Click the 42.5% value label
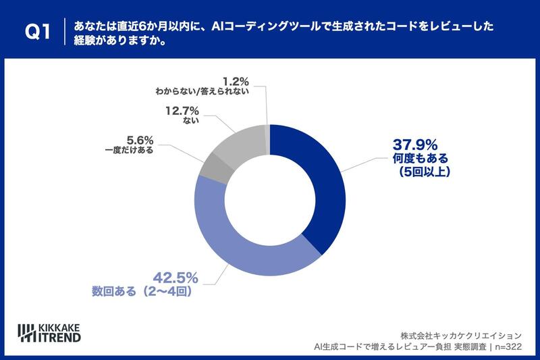(x=173, y=277)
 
